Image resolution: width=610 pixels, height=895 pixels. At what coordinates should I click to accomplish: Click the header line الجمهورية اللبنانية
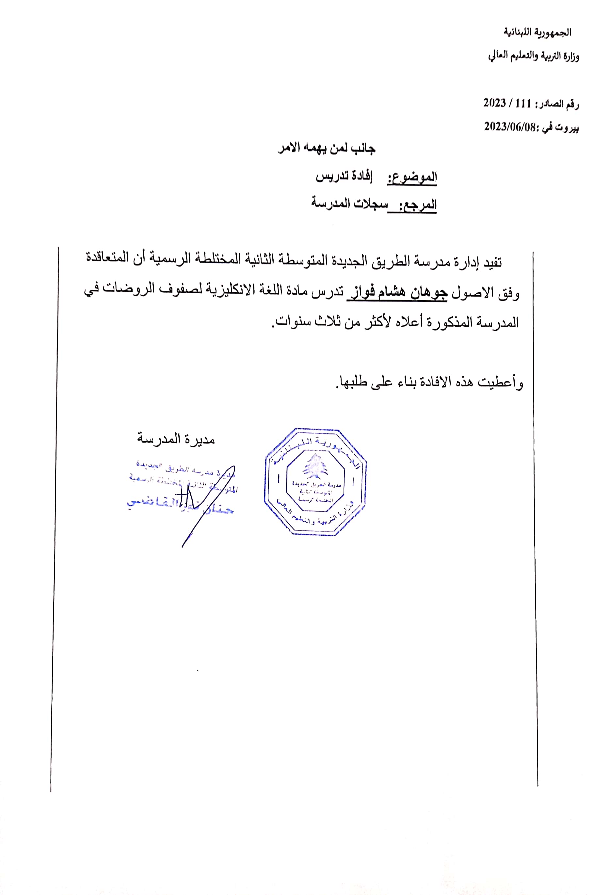537,32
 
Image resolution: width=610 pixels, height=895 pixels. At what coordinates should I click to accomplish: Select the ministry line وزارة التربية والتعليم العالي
533,56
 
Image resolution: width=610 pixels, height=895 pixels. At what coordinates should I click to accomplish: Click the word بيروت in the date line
567,127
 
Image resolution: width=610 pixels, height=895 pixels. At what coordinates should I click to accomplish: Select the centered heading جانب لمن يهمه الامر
327,148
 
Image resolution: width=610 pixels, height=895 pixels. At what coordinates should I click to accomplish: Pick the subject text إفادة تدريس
344,176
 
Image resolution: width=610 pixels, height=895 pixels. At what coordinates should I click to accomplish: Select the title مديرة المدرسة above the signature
176,439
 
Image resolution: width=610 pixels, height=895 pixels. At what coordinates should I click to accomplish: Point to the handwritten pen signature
200,504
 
